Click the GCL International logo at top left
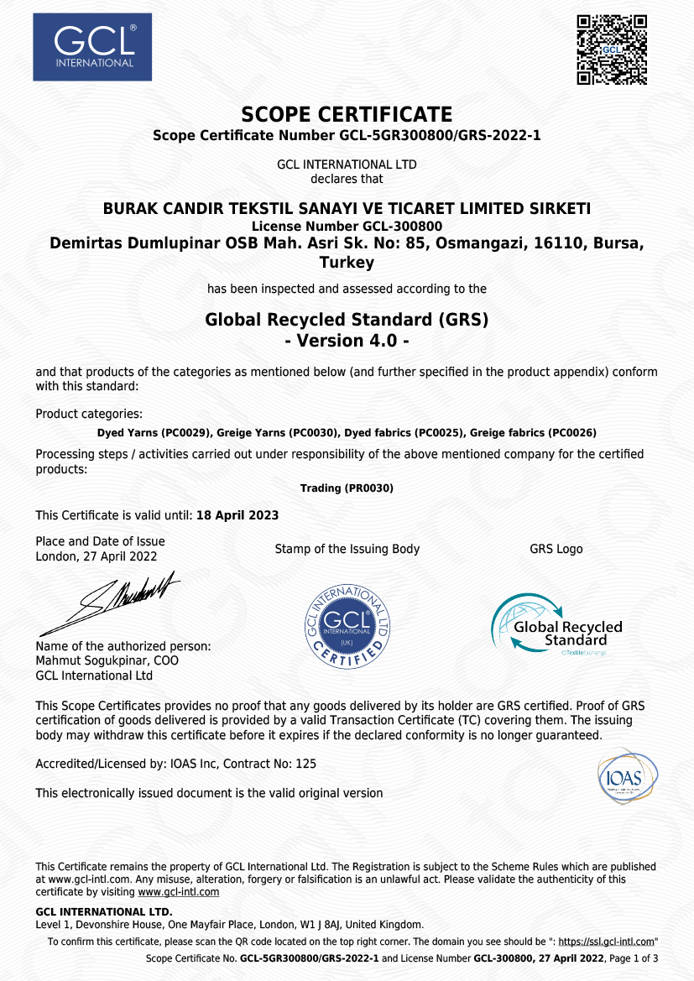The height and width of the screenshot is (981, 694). (x=92, y=47)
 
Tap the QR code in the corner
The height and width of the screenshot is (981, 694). (x=612, y=50)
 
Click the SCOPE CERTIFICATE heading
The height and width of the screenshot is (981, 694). (x=347, y=115)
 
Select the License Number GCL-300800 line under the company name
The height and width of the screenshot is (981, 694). (x=347, y=226)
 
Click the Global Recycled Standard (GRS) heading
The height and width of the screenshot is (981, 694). (x=347, y=320)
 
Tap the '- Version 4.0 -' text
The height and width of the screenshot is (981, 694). (x=347, y=342)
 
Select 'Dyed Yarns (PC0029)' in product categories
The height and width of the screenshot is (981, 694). (x=154, y=433)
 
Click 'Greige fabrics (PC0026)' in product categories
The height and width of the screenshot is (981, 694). (x=534, y=433)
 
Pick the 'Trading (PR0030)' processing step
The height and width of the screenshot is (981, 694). (x=347, y=488)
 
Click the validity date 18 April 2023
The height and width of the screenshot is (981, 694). (x=237, y=514)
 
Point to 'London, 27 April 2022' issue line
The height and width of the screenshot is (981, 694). (x=97, y=556)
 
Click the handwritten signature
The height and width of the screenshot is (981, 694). (x=109, y=601)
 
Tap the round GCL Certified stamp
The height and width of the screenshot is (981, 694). (x=347, y=625)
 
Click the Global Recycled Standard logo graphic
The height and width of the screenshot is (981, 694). (x=556, y=625)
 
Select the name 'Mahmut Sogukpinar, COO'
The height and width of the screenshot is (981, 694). (x=107, y=660)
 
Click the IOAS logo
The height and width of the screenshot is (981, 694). (x=627, y=776)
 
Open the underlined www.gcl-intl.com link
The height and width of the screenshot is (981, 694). (x=178, y=892)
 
